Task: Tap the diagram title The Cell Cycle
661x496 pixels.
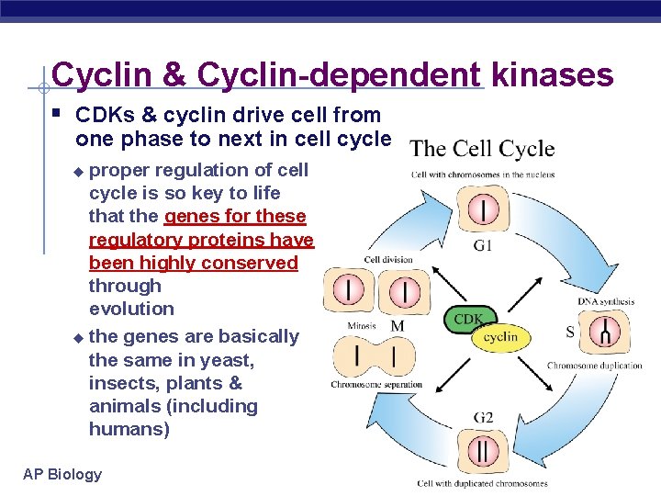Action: (482, 149)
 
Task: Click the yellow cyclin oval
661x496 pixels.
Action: (500, 337)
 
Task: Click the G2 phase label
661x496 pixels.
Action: (484, 418)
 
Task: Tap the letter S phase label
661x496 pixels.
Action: (570, 332)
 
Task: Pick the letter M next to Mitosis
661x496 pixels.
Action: (398, 326)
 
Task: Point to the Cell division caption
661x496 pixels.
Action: (388, 260)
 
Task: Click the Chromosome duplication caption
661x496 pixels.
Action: (596, 366)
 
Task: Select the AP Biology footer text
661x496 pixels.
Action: (62, 474)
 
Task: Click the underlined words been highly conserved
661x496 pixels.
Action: (193, 263)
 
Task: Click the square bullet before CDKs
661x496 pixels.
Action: (57, 115)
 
